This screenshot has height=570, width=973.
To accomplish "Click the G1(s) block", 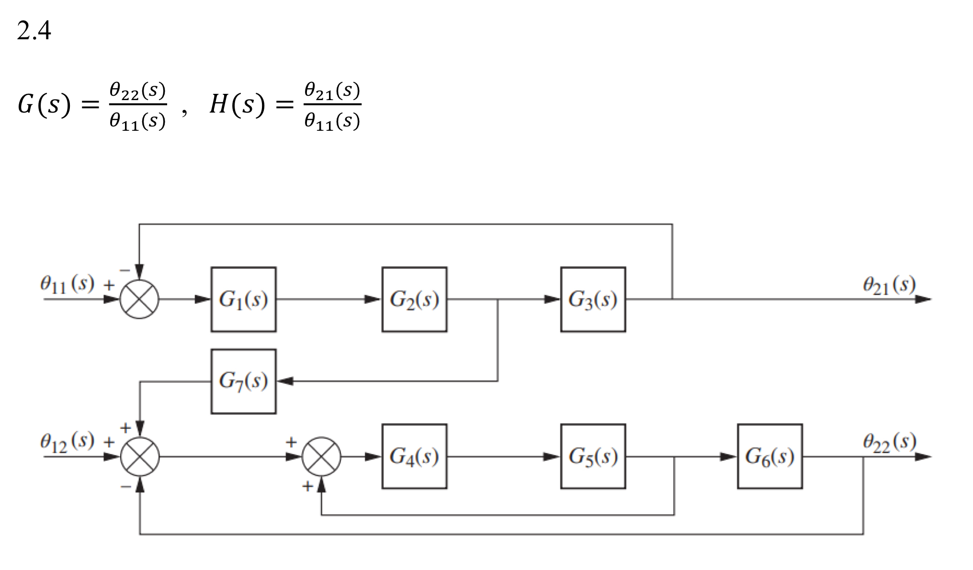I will click(x=243, y=299).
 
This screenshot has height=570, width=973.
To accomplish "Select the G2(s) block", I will click(x=414, y=299).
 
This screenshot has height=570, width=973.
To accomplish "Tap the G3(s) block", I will click(x=593, y=299).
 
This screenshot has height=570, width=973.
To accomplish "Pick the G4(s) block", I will click(x=414, y=456).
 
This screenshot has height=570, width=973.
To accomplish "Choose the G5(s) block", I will click(x=593, y=456).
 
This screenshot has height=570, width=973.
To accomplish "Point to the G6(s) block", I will click(x=769, y=456).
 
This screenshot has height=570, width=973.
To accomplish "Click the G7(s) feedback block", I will click(x=243, y=381).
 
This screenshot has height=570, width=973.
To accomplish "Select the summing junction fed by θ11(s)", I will click(x=139, y=299).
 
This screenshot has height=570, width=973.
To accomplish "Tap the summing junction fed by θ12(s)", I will click(x=139, y=456).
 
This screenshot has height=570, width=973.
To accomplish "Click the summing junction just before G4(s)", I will click(x=321, y=456).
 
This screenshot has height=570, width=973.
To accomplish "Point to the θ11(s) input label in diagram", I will click(x=67, y=284).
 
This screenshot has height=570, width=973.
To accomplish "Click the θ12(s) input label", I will click(x=67, y=442).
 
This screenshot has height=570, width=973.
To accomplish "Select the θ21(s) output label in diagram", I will click(x=889, y=285).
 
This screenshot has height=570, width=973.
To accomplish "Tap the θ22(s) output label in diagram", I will click(x=889, y=442).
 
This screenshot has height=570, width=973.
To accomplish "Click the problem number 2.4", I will click(x=34, y=31).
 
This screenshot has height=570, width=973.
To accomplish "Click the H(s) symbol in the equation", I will click(x=237, y=104).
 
